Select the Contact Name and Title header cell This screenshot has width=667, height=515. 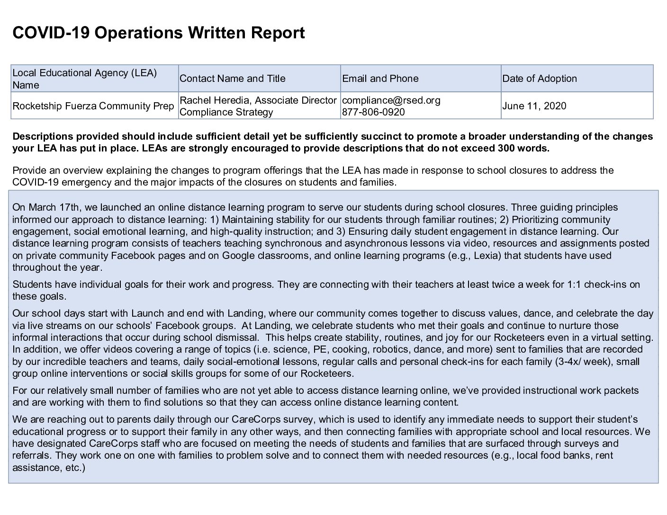click(x=233, y=79)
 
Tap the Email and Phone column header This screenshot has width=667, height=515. click(x=380, y=79)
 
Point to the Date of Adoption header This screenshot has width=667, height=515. click(x=540, y=79)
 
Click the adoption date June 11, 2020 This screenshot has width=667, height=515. click(x=534, y=106)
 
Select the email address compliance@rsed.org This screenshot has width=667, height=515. click(x=391, y=100)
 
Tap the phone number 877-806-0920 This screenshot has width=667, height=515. click(x=373, y=112)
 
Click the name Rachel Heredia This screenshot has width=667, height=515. click(x=212, y=100)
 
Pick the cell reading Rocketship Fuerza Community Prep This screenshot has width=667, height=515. click(x=93, y=106)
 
